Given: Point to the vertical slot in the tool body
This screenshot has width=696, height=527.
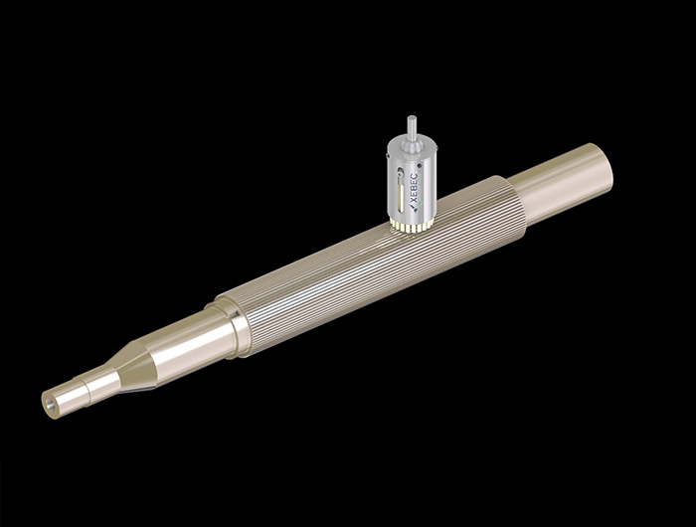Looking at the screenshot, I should (401, 190).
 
